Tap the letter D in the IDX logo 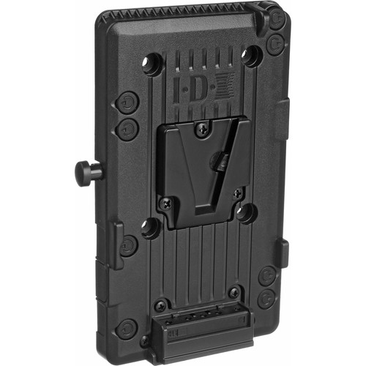(198, 88)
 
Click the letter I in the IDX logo (176, 90)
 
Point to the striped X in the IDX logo (225, 86)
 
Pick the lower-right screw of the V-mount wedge (237, 193)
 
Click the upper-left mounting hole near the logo (152, 64)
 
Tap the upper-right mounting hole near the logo (252, 57)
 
